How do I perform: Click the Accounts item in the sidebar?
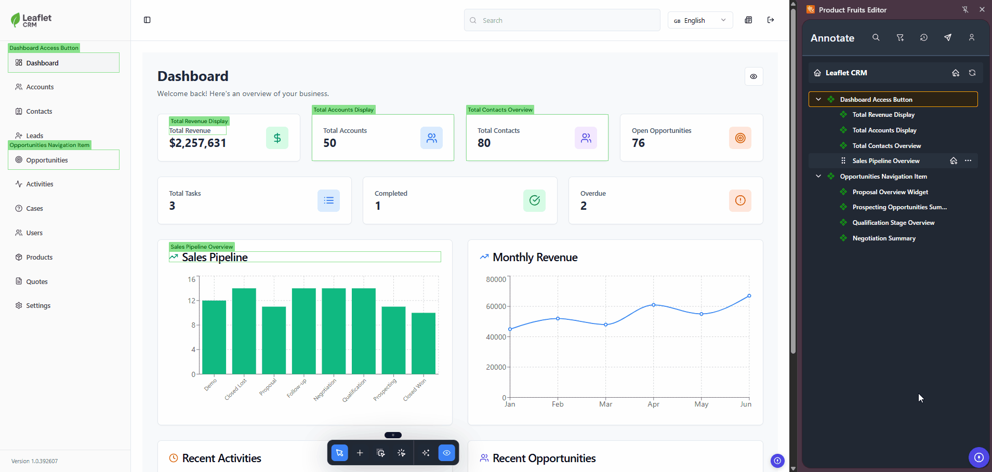coord(39,87)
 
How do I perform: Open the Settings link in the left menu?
coord(38,306)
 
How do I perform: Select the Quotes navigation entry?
coord(36,281)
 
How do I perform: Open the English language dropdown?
coord(699,20)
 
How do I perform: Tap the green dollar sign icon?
coord(277,138)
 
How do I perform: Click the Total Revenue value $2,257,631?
coord(197,143)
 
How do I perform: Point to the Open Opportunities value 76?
coord(638,143)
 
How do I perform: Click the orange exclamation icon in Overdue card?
coord(740,200)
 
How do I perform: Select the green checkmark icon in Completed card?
coord(534,200)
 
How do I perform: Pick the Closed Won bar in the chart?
coord(424,343)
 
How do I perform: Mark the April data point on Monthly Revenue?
coord(653,305)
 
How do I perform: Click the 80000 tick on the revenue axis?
coord(496,279)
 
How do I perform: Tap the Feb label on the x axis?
coord(558,404)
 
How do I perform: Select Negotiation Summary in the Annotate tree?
coord(883,238)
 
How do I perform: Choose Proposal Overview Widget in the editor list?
coord(890,192)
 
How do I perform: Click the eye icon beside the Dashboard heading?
coord(753,76)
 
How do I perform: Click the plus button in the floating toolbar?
coord(360,453)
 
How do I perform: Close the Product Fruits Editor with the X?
coord(982,9)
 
